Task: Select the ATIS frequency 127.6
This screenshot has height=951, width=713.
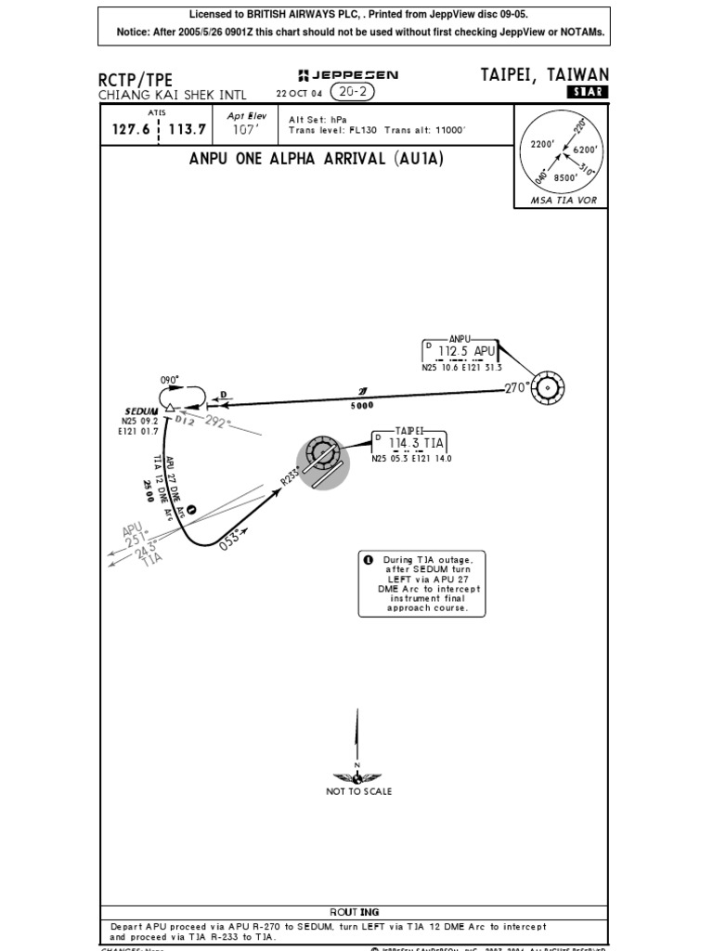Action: coord(131,129)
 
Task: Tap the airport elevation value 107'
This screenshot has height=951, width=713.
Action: coord(246,131)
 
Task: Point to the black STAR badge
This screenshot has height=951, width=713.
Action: coord(587,92)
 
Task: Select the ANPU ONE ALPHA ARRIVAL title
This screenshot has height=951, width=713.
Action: coord(317,159)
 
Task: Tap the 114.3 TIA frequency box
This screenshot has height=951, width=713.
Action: coord(409,444)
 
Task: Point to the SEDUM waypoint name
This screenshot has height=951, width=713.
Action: coord(142,411)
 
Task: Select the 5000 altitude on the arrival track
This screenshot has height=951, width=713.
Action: coord(362,406)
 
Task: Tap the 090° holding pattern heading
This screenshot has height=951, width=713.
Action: coord(170,380)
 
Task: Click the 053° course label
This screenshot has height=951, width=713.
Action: coord(230,540)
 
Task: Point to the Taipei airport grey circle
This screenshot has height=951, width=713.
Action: coord(323,462)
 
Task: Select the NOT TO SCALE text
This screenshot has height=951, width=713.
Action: coord(359,791)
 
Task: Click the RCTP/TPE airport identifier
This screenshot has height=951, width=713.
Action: coord(136,80)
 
